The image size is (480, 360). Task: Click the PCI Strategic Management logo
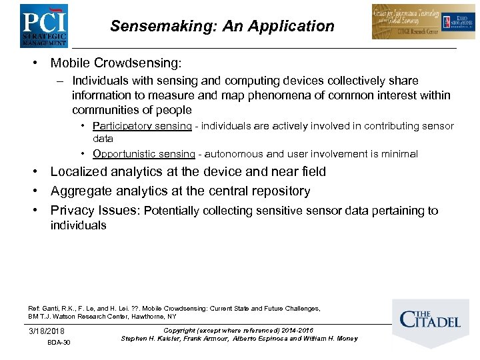pos(43,25)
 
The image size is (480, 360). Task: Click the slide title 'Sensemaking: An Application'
pos(222,27)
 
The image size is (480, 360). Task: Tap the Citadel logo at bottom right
pos(429,321)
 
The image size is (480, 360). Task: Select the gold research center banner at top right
pos(423,22)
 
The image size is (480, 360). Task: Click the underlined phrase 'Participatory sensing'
pos(143,126)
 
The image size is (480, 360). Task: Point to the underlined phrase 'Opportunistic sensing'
pos(144,154)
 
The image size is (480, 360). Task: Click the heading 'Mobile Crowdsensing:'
pos(115,63)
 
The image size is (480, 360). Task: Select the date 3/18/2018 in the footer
pos(47,331)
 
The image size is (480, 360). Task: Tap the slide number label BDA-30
pos(59,343)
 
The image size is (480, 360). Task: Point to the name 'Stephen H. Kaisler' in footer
pos(150,339)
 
